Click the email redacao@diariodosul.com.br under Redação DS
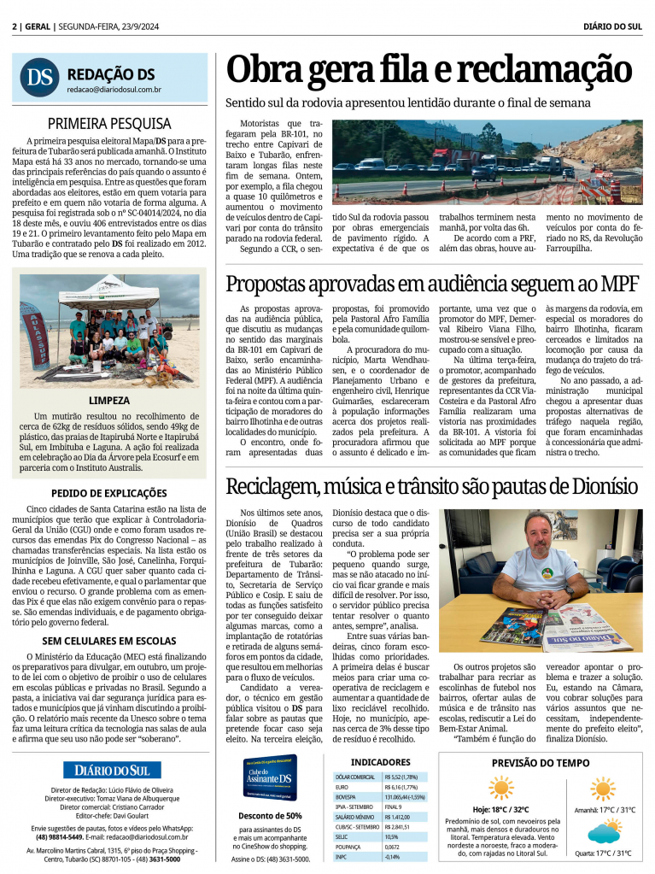click(x=114, y=89)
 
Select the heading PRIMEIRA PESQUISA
click(x=109, y=123)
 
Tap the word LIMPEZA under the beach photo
click(x=109, y=400)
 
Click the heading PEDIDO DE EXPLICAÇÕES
click(x=109, y=493)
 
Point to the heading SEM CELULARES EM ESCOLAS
click(x=109, y=640)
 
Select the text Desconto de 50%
click(x=270, y=814)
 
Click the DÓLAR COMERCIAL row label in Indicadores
click(x=355, y=777)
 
